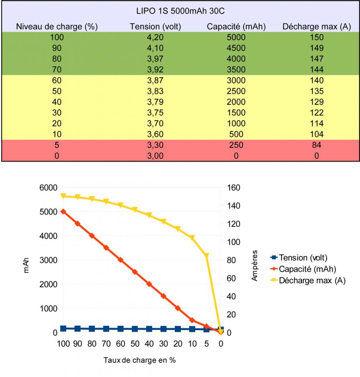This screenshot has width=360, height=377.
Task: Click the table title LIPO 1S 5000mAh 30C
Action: click(180, 11)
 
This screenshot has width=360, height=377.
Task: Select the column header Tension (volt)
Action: click(155, 27)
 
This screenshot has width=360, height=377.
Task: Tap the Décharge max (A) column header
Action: click(316, 27)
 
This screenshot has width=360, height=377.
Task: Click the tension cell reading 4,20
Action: click(155, 37)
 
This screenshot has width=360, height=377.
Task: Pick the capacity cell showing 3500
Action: click(236, 70)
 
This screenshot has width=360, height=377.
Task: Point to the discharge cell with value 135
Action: click(316, 91)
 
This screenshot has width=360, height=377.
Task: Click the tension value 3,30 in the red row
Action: click(155, 145)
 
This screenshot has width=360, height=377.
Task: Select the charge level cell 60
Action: click(57, 80)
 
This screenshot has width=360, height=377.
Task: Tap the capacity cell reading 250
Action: click(236, 145)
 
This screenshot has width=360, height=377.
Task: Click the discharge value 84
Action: click(316, 145)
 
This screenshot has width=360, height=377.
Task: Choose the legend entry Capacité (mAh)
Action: click(308, 269)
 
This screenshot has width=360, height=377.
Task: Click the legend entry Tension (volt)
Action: click(303, 257)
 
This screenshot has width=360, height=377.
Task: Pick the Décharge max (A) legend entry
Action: click(312, 280)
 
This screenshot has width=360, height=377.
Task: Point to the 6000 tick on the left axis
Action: click(48, 187)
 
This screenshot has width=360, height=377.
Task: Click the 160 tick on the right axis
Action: click(233, 187)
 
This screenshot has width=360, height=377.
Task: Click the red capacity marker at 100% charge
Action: click(63, 212)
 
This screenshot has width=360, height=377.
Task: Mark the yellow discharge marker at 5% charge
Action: click(207, 256)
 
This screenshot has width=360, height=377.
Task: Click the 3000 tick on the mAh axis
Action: click(48, 260)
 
